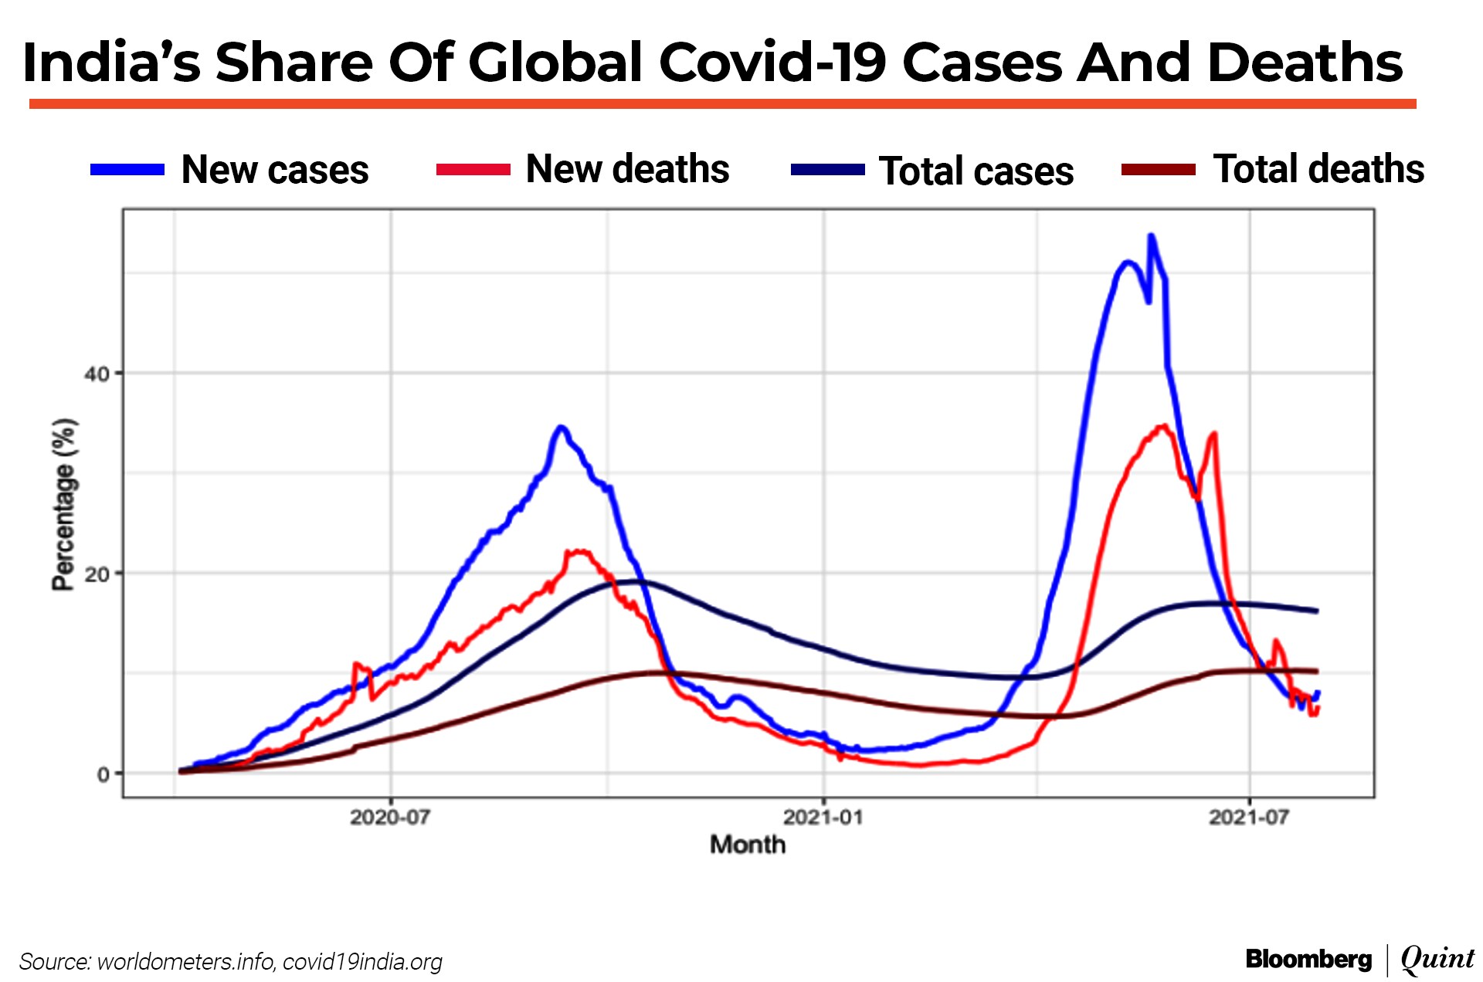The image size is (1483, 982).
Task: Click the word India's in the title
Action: click(111, 63)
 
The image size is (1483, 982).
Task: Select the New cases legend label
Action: click(274, 170)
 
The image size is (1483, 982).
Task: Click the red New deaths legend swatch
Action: click(473, 170)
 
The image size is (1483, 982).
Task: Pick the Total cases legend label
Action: click(976, 171)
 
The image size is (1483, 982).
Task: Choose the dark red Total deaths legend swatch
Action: click(1158, 170)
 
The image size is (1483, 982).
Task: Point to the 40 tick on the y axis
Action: click(97, 374)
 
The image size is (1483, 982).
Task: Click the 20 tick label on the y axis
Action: click(97, 574)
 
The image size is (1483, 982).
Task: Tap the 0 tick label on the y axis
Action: click(104, 774)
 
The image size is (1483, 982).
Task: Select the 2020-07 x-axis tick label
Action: click(390, 818)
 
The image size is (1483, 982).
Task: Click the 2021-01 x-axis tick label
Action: click(823, 818)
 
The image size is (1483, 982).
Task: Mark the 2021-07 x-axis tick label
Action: click(1249, 818)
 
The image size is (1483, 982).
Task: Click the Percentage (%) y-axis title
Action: click(64, 505)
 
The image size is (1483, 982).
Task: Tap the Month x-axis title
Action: click(748, 845)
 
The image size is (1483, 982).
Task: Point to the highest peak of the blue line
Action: click(1151, 235)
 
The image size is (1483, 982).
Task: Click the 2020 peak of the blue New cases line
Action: click(562, 427)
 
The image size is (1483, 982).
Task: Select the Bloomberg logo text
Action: click(1308, 960)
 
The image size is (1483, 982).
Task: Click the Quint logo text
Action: click(1437, 959)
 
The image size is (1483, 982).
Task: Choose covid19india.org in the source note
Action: click(362, 962)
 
